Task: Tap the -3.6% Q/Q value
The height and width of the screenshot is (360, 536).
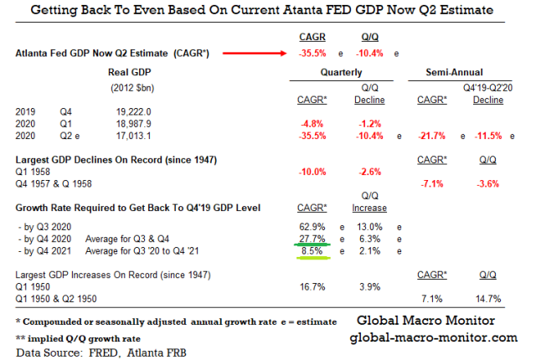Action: (x=489, y=183)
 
